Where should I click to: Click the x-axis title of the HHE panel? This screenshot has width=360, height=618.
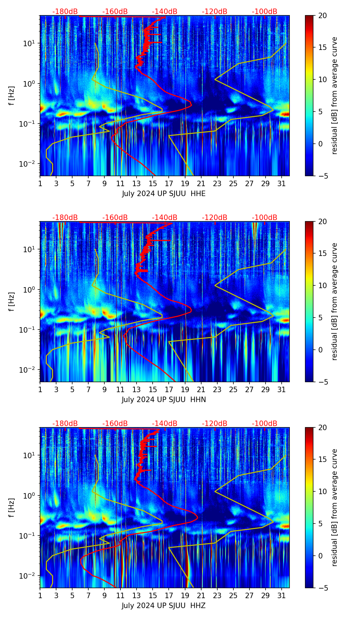point(164,194)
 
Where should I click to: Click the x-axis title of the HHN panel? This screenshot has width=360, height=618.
point(164,400)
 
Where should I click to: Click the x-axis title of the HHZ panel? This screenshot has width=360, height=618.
point(164,606)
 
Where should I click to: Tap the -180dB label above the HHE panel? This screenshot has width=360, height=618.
point(65,12)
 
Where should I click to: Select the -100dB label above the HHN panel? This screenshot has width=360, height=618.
point(265,218)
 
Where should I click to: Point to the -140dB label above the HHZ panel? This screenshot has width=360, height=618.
point(165,424)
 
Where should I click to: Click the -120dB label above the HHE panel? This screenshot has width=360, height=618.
point(215,12)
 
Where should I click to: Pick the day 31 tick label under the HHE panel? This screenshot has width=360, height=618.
point(281,184)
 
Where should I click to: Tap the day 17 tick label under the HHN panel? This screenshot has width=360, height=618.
point(169,390)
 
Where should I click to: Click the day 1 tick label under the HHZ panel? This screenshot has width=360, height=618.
point(40,596)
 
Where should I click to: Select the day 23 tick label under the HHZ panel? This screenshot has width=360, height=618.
point(217,596)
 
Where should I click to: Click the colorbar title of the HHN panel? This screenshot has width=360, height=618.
point(335,301)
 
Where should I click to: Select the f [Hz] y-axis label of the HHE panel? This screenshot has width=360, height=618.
point(12,95)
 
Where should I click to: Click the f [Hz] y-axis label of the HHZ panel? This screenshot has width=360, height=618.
point(12,507)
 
